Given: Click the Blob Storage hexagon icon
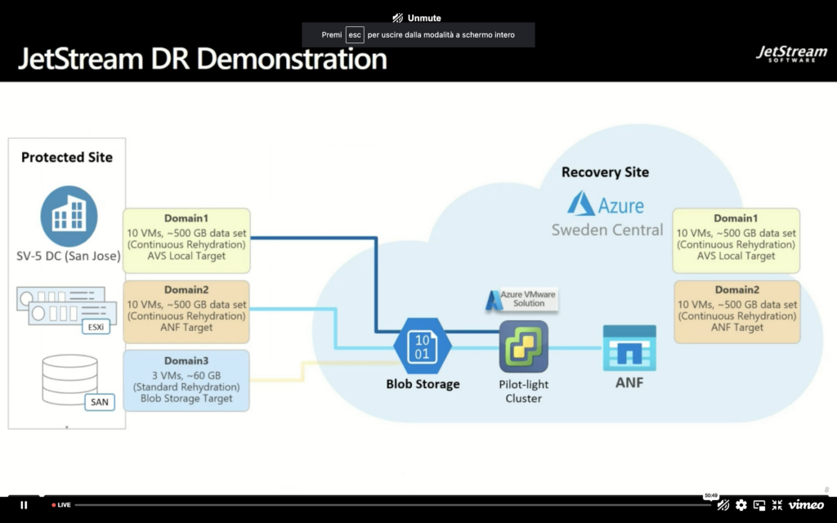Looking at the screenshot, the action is (x=423, y=346).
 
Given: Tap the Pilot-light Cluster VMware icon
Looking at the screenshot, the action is (x=524, y=346).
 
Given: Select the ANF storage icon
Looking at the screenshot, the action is (x=629, y=348).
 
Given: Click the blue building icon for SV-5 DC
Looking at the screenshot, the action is (x=69, y=216).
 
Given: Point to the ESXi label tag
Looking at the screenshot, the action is (x=96, y=327).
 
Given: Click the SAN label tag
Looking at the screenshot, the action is (x=99, y=402).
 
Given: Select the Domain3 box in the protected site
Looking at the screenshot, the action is (x=186, y=381).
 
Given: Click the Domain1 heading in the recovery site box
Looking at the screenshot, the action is (x=736, y=218).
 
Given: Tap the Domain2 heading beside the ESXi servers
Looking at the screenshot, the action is (x=186, y=290).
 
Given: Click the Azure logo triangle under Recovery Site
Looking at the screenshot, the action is (x=581, y=203).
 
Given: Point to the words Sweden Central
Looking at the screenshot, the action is (x=607, y=230).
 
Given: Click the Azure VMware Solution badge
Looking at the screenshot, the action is (x=521, y=299).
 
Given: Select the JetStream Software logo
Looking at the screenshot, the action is (x=791, y=54).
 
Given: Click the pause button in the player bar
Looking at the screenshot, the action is (x=24, y=505).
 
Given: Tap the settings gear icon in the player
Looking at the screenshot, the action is (x=741, y=505).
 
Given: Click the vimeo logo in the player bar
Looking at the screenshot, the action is (x=806, y=505).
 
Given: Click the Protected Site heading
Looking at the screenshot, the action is (x=67, y=158).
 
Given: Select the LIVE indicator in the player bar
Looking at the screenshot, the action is (x=61, y=505).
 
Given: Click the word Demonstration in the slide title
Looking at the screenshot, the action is (x=292, y=58).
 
